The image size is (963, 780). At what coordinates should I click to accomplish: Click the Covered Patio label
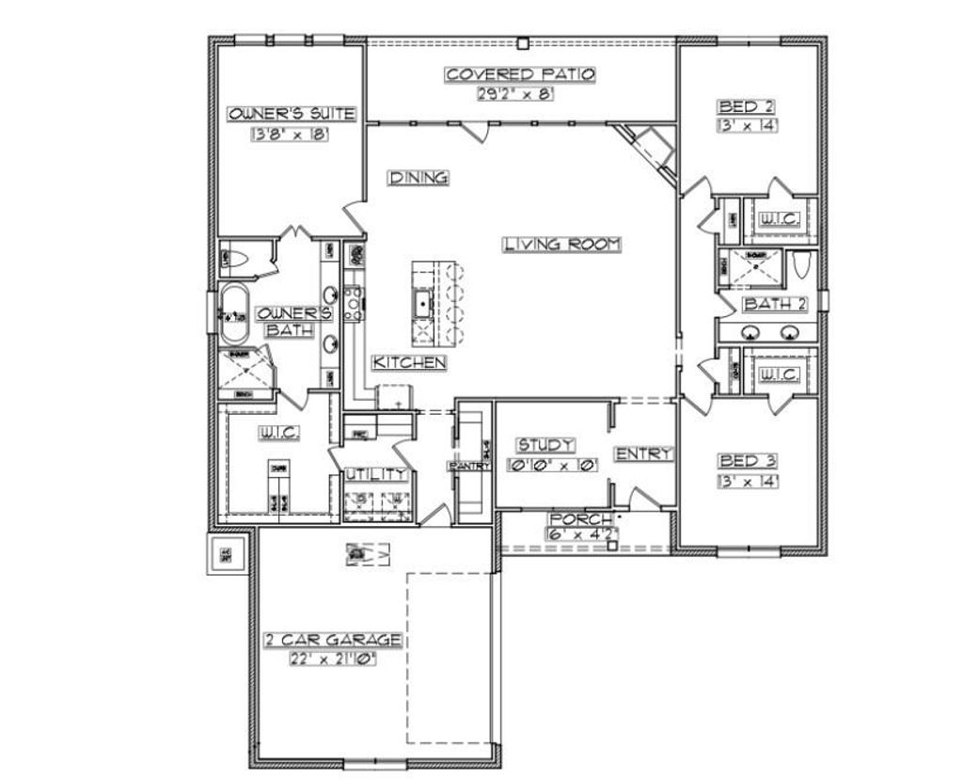(x=520, y=74)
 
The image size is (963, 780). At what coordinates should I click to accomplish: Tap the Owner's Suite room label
(x=291, y=114)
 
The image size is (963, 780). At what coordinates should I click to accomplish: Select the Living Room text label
(x=562, y=244)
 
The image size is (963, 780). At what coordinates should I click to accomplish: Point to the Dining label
(x=418, y=177)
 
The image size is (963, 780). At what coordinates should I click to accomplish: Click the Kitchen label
(x=408, y=362)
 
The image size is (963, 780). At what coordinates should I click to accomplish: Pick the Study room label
(x=545, y=445)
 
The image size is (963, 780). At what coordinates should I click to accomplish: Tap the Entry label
(x=644, y=454)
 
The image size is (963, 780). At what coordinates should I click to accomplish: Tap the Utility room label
(x=375, y=473)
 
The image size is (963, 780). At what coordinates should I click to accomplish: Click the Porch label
(x=582, y=519)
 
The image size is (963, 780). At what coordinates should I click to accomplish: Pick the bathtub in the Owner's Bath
(x=234, y=314)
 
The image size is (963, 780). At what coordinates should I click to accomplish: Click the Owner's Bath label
(x=294, y=321)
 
